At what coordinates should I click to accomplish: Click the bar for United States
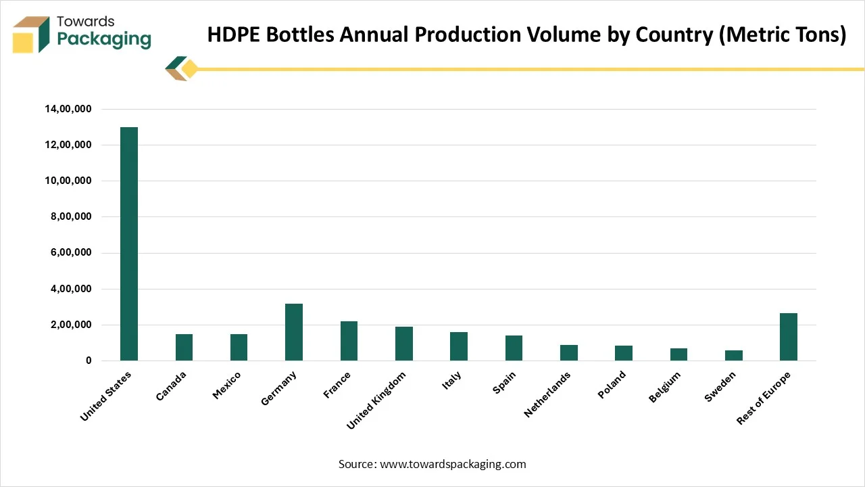tap(129, 243)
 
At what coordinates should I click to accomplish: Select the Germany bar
tap(294, 332)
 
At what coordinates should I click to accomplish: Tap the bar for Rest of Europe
tap(788, 337)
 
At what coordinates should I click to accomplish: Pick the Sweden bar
tap(733, 355)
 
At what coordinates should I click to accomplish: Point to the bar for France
tap(349, 341)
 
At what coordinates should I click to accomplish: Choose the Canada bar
tap(184, 347)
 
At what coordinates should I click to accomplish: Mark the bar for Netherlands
tap(568, 352)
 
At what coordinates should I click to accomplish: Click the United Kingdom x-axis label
tap(376, 400)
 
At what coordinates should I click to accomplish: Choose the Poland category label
tap(611, 385)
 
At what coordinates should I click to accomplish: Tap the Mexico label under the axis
tap(226, 386)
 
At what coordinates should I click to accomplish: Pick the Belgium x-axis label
tap(664, 388)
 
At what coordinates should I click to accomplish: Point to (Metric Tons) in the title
tap(782, 34)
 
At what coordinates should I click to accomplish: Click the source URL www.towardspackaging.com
tap(453, 464)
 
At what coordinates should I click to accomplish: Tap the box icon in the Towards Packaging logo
tap(31, 34)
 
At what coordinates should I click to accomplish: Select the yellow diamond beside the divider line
tap(190, 69)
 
